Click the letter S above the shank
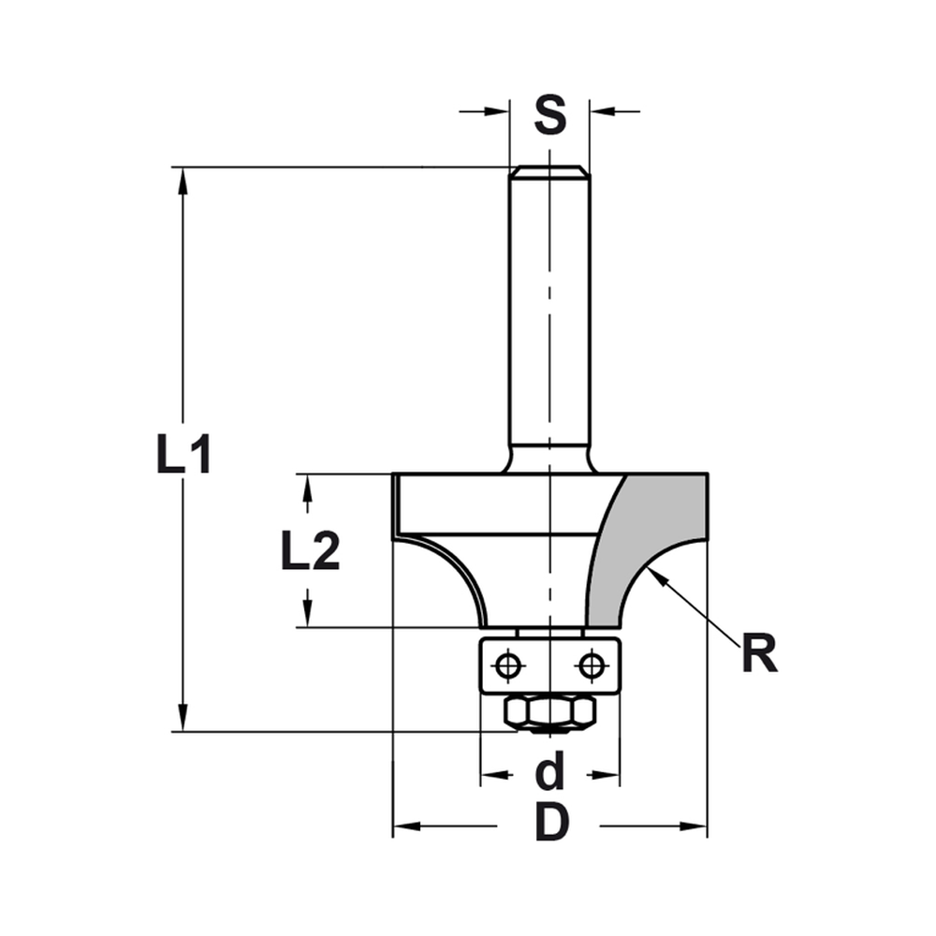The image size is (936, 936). click(550, 115)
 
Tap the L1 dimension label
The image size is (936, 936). click(183, 457)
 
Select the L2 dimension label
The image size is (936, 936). click(310, 552)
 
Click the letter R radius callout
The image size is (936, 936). click(759, 654)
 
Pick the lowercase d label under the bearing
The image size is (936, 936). click(550, 773)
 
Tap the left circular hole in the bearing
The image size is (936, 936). click(508, 665)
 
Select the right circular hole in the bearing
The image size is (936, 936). click(591, 665)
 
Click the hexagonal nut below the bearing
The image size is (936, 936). click(549, 712)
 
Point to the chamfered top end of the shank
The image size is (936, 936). click(549, 171)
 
